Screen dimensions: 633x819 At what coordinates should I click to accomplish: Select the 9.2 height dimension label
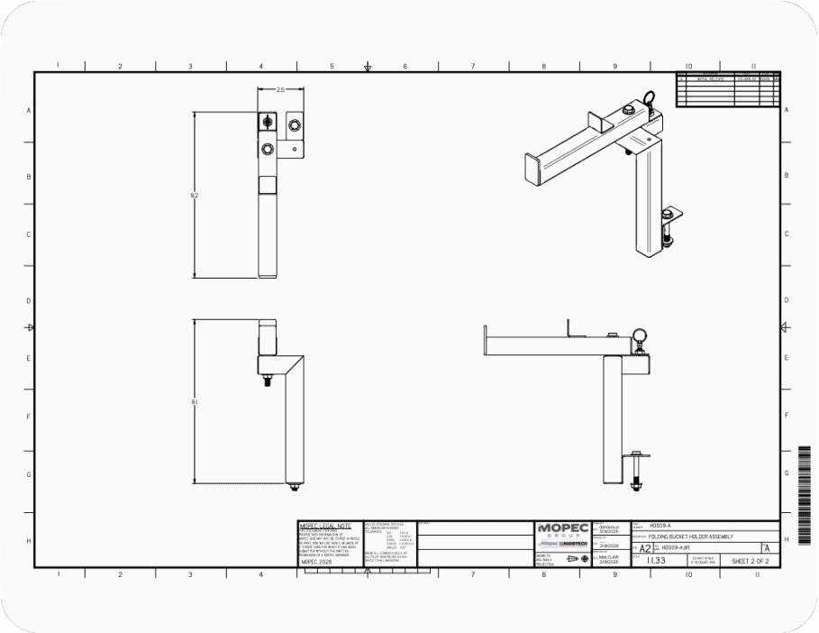195,195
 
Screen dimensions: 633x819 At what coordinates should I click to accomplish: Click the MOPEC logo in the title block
562,529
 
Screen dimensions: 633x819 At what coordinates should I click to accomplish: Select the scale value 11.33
657,561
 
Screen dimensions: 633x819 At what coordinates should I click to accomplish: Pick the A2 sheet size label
645,548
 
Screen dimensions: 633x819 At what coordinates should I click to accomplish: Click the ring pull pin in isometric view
651,97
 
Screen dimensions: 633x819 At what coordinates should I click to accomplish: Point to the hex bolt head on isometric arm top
627,110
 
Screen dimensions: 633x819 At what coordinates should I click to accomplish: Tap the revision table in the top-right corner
727,89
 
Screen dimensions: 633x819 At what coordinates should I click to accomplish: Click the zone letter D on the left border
28,300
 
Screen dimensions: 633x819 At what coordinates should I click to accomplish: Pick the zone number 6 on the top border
405,66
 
